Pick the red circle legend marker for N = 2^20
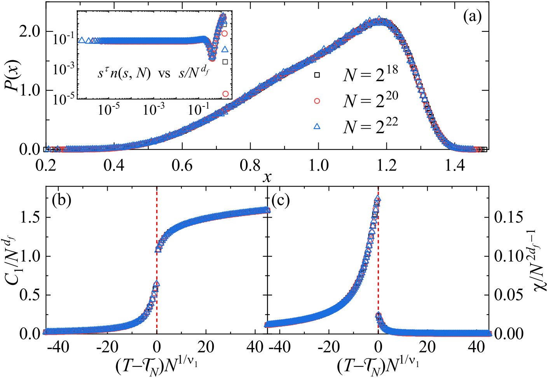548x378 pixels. click(317, 101)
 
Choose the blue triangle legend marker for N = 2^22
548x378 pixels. click(317, 126)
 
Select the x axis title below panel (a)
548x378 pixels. click(267, 177)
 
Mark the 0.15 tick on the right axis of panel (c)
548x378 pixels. click(509, 218)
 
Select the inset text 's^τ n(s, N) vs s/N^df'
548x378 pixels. click(153, 73)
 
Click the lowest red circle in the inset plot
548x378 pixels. click(225, 94)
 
